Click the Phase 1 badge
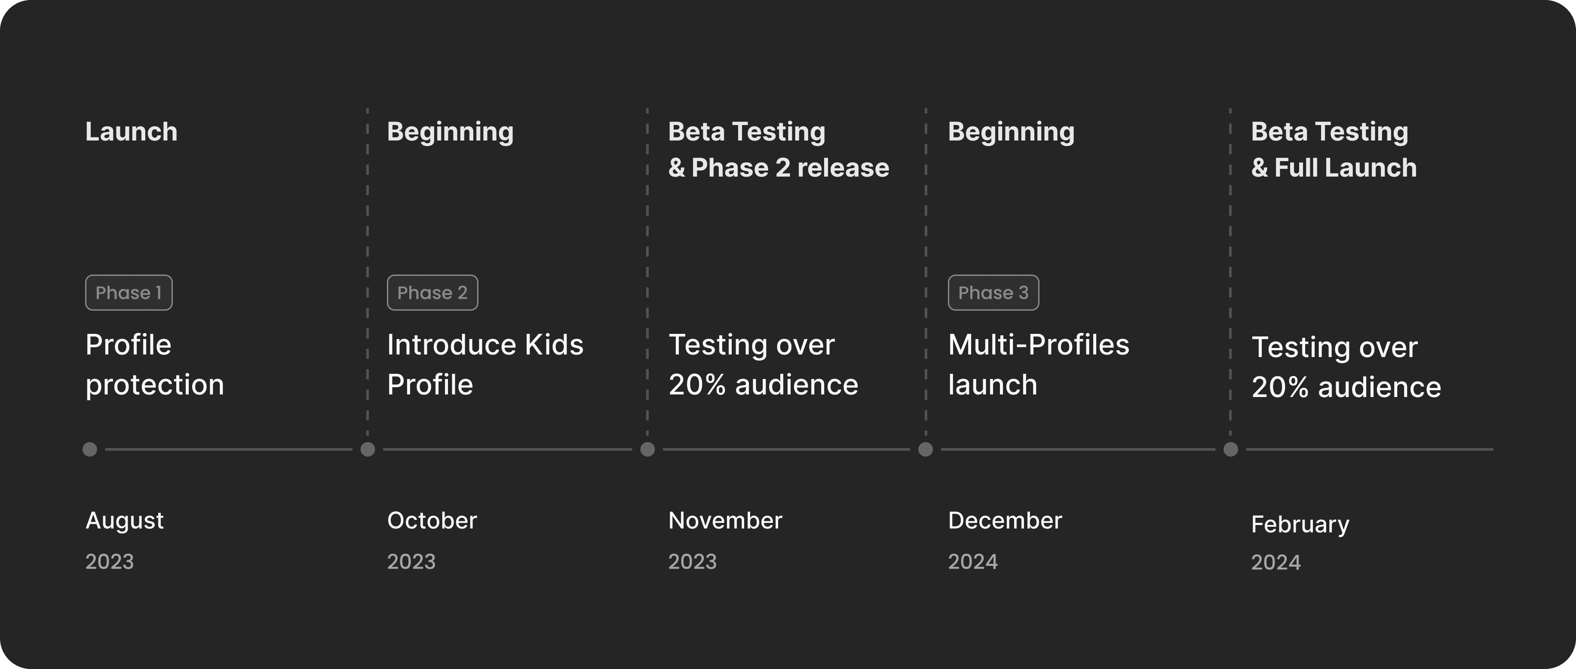(129, 292)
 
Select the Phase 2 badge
(432, 292)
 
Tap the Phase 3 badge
(993, 292)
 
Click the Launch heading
(132, 131)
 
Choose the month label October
(432, 520)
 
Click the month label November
(725, 520)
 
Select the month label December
(1005, 520)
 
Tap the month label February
(1300, 525)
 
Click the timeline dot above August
(90, 449)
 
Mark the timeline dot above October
(368, 449)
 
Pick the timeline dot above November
(647, 449)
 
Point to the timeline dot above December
(926, 449)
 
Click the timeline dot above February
(1231, 449)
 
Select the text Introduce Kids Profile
(485, 364)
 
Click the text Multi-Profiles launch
(1038, 364)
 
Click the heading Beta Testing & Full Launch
(1334, 150)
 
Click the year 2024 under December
(973, 562)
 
